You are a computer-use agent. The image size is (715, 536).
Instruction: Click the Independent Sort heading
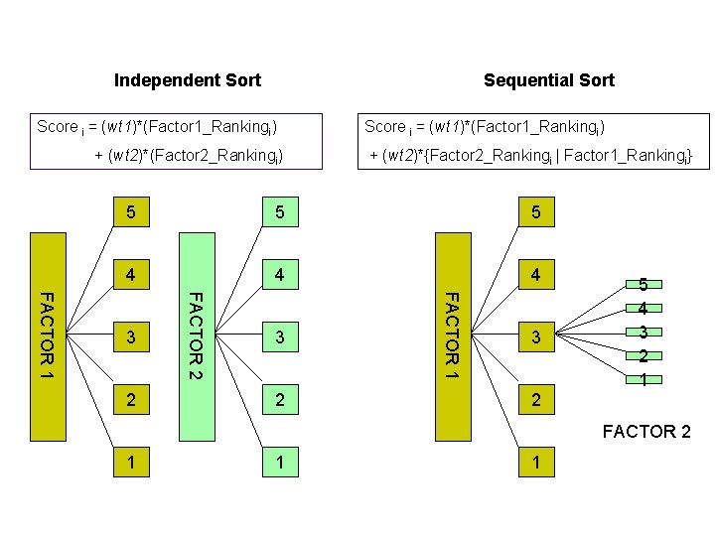(x=188, y=80)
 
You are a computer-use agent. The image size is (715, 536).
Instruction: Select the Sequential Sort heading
(x=548, y=80)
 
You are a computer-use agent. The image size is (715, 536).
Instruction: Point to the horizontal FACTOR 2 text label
(x=646, y=432)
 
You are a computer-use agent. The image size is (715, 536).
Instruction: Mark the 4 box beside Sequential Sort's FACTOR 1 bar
(x=535, y=275)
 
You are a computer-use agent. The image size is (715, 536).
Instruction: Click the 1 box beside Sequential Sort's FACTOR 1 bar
(x=535, y=463)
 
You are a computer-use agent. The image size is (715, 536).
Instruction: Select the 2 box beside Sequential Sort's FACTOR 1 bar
(x=535, y=400)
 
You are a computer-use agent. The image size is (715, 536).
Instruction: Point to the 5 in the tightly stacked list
(x=643, y=284)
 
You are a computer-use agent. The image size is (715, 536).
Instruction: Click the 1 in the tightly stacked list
(x=643, y=381)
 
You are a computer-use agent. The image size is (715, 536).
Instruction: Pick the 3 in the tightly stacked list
(x=643, y=333)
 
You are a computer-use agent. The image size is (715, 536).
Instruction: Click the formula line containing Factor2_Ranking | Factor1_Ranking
(x=530, y=156)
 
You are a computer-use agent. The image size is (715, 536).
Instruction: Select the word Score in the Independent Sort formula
(x=57, y=127)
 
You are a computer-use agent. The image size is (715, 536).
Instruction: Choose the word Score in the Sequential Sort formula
(x=384, y=127)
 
